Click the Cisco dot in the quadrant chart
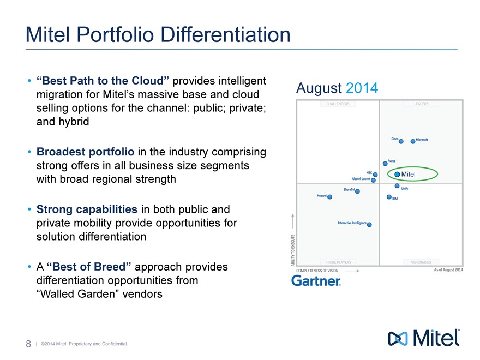[x=401, y=141]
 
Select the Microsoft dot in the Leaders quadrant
[x=413, y=141]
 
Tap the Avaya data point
[x=385, y=163]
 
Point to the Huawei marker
[x=329, y=197]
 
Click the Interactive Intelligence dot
[x=369, y=224]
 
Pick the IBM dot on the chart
[x=389, y=197]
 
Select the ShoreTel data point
[x=358, y=191]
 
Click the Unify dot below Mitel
[x=397, y=186]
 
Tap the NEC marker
[x=375, y=175]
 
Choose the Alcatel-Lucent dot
[x=373, y=180]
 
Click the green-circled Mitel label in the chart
[x=408, y=174]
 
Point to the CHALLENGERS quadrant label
[x=338, y=104]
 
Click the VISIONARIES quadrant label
[x=421, y=262]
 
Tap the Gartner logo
[x=316, y=281]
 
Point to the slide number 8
[x=28, y=344]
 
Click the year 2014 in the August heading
[x=362, y=88]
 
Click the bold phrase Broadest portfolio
[x=85, y=151]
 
